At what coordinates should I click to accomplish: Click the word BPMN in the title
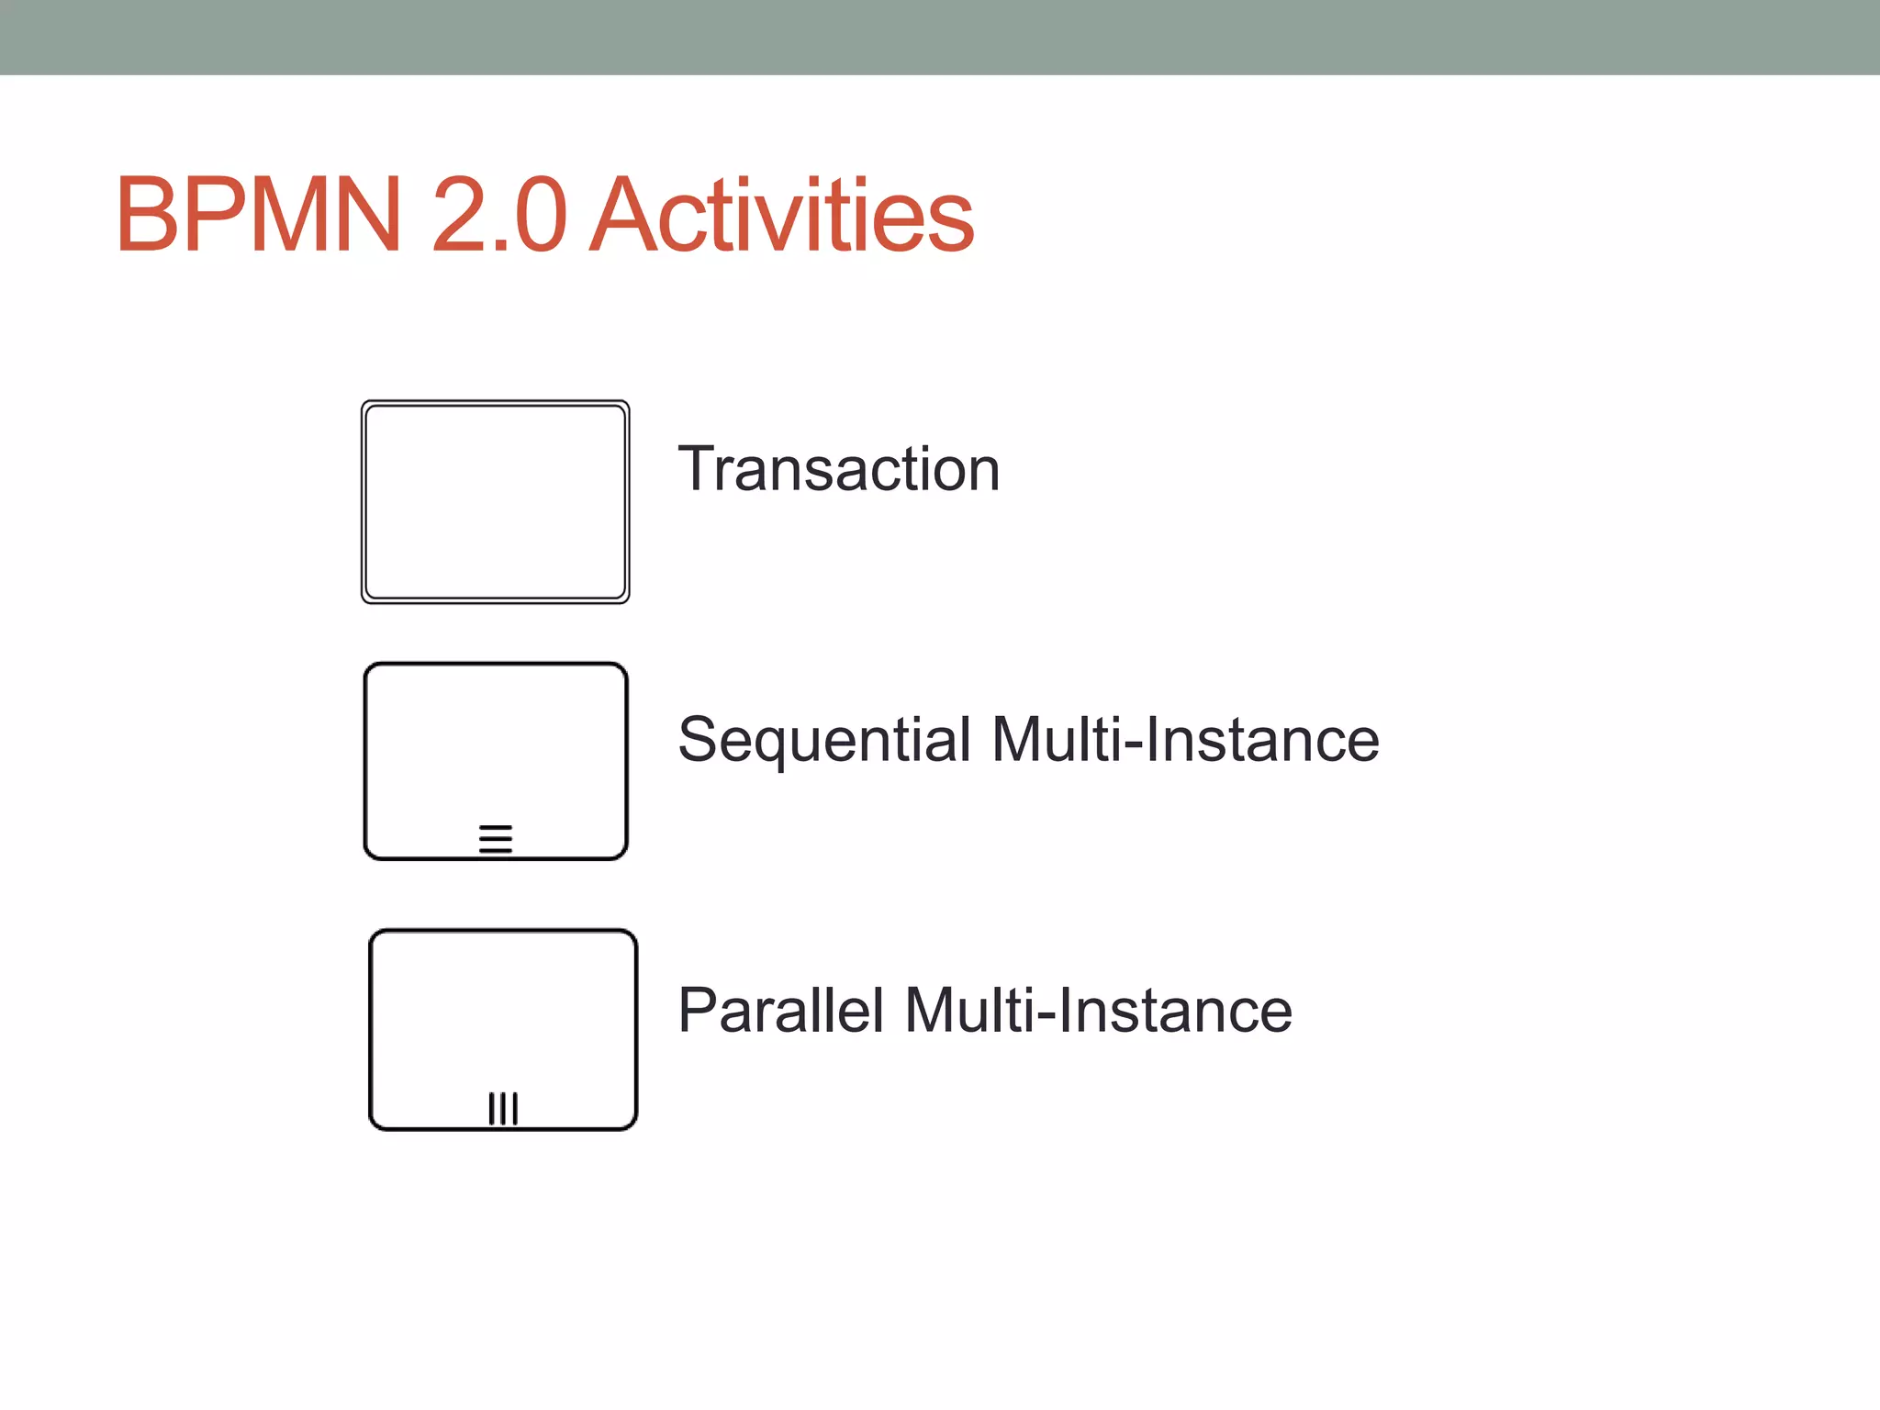pyautogui.click(x=259, y=216)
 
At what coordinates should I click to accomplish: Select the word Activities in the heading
pyautogui.click(x=781, y=216)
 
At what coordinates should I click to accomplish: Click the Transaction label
pyautogui.click(x=838, y=469)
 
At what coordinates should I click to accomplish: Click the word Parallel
pyautogui.click(x=780, y=1011)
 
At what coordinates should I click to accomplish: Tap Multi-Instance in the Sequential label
pyautogui.click(x=1185, y=740)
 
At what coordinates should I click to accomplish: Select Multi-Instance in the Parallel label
pyautogui.click(x=1098, y=1011)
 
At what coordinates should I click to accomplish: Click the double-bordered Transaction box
pyautogui.click(x=496, y=501)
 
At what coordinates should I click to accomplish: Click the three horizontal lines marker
pyautogui.click(x=496, y=838)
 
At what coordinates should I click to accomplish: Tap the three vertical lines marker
pyautogui.click(x=503, y=1108)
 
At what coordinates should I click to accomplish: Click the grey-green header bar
pyautogui.click(x=940, y=37)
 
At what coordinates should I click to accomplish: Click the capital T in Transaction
pyautogui.click(x=697, y=469)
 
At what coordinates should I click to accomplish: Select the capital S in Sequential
pyautogui.click(x=699, y=740)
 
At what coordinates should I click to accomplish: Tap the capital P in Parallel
pyautogui.click(x=699, y=1011)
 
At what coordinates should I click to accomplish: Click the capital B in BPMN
pyautogui.click(x=147, y=216)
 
